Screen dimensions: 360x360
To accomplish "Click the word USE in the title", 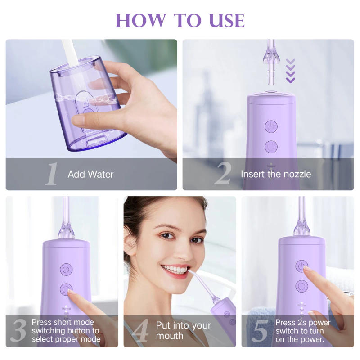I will tap(224, 20).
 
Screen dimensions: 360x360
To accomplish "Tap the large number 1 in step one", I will tap(52, 175).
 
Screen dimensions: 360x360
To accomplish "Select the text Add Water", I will tap(90, 174).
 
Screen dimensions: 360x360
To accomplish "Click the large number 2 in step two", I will tap(222, 175).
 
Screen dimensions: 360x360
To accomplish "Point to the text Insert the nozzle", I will tap(275, 174).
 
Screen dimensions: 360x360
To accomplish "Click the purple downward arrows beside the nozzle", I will tap(291, 71).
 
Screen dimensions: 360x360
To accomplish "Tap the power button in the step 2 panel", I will tap(271, 126).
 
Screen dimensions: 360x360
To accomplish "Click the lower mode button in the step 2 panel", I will tap(271, 146).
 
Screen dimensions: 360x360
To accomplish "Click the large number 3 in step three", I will tap(18, 331).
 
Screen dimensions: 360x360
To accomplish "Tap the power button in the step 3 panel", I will tap(66, 269).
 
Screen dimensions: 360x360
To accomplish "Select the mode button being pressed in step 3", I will tap(67, 289).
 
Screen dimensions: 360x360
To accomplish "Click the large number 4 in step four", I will tap(141, 331).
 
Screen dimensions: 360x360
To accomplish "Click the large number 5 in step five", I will tap(260, 331).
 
